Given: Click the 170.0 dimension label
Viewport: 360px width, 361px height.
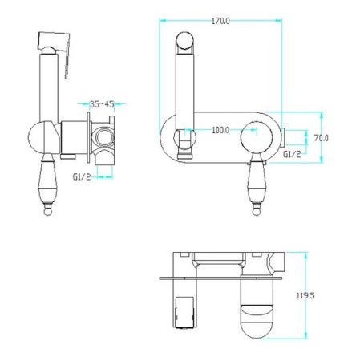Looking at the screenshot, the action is (x=220, y=21).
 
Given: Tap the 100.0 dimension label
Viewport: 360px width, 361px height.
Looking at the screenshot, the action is (x=220, y=130).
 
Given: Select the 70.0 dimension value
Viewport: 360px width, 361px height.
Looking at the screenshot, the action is (x=321, y=138).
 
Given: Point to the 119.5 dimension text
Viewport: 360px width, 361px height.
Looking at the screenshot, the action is (x=305, y=295).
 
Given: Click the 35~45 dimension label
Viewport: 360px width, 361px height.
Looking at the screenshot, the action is (x=102, y=104).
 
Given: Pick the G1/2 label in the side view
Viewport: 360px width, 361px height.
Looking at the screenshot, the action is (x=82, y=176).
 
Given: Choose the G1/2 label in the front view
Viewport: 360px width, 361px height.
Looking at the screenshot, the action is (x=292, y=154).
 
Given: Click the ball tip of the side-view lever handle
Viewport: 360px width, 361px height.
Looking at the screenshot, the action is (x=48, y=212).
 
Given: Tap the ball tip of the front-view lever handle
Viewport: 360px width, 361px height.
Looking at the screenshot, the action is (x=257, y=212).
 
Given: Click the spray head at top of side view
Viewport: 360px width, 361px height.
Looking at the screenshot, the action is (x=54, y=42).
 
